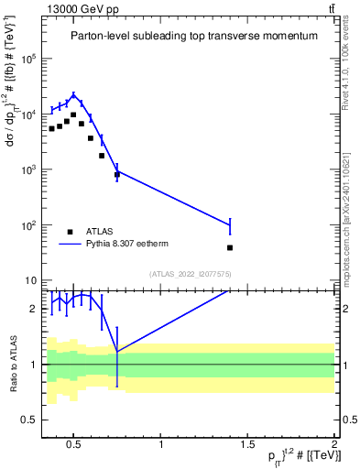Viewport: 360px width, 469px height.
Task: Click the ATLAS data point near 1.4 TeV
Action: pos(230,247)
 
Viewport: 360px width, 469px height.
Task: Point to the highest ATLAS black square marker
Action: pos(73,115)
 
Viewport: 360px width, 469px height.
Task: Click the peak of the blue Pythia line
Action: pos(73,94)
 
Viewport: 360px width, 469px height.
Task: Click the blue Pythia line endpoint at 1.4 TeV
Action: pos(230,224)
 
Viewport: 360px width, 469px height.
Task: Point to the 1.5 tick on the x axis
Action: pos(248,446)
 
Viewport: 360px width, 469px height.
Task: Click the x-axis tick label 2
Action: pos(333,446)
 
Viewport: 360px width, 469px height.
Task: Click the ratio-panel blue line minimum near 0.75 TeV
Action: pos(117,351)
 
